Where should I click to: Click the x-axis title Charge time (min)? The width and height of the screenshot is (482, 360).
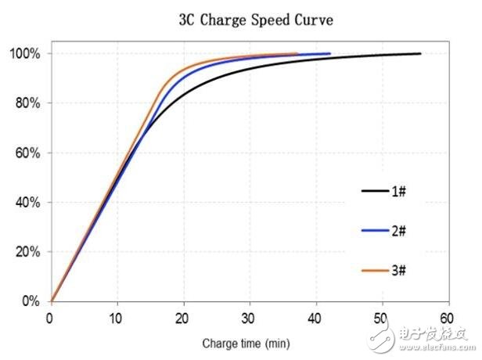[x=247, y=343]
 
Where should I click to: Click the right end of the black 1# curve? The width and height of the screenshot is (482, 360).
[x=420, y=53]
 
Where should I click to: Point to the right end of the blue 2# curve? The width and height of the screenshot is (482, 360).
[x=330, y=53]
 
